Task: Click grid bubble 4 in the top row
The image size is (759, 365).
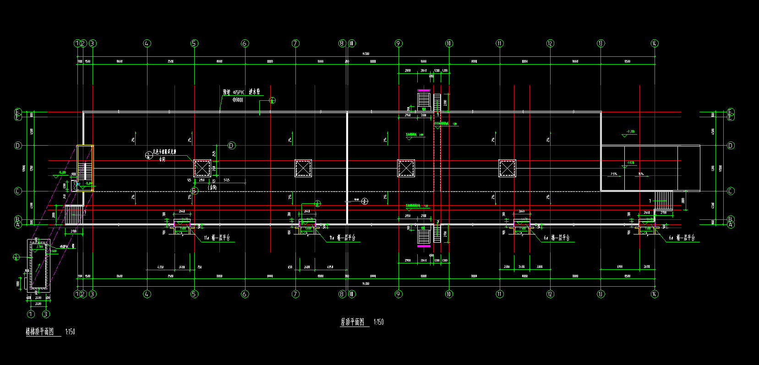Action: coord(147,44)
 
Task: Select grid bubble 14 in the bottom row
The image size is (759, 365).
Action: coord(654,294)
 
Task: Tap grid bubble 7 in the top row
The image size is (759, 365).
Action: coord(295,44)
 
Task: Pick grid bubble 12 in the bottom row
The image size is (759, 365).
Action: coord(550,294)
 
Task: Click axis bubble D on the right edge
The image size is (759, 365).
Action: coord(731,146)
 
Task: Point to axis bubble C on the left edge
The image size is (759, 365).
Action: coord(18,191)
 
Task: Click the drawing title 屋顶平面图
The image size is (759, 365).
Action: coord(352,322)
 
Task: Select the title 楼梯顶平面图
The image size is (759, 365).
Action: coord(40,332)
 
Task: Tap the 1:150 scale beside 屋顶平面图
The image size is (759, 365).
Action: coord(379,322)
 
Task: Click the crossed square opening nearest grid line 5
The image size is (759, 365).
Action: coord(202,168)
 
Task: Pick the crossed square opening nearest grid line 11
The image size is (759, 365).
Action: coord(507,168)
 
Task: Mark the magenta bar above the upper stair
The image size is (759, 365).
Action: coord(424,90)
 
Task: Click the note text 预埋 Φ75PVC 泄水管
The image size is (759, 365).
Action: coord(241,93)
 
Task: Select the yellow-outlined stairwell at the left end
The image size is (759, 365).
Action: coord(85,169)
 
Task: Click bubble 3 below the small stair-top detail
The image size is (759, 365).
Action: coord(46,314)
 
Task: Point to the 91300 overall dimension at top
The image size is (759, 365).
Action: coord(366,54)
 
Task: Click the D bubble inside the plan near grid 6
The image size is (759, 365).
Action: coord(231,146)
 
